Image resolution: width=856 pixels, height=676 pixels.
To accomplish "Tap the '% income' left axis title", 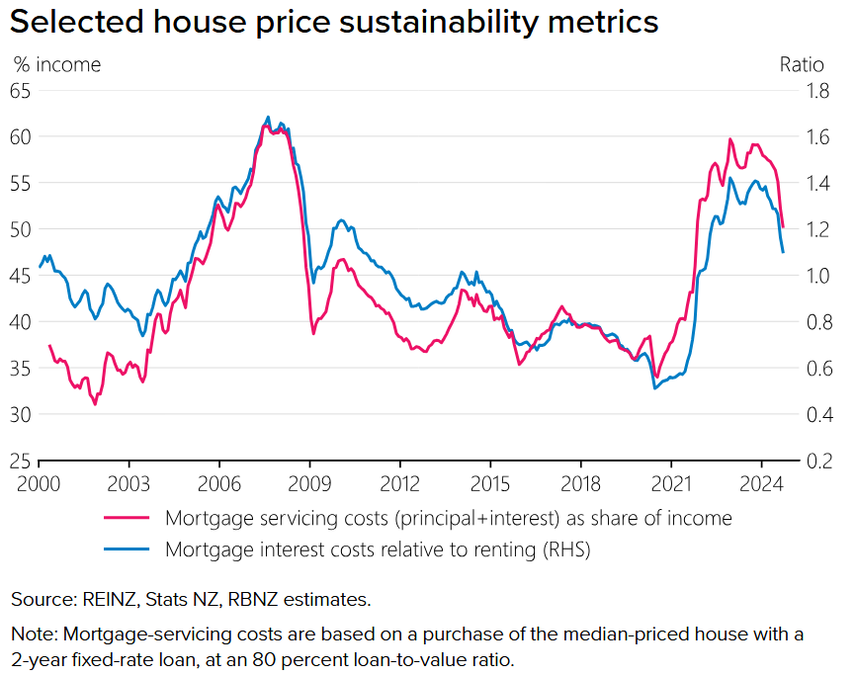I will coord(57,65).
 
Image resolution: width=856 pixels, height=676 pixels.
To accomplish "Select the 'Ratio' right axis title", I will coord(801,65).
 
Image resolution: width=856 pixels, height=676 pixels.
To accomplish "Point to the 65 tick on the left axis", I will coord(20,90).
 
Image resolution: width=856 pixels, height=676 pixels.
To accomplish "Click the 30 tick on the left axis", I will coord(20,414).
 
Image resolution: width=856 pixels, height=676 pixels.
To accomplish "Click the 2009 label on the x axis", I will coord(309,484).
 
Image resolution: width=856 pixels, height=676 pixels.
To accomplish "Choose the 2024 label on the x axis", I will coord(761,484).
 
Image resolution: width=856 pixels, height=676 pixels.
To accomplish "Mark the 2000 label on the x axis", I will coord(39,484).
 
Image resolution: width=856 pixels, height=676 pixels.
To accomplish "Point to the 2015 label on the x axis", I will coord(490,484).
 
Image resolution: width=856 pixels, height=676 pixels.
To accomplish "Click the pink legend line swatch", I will coord(127,518).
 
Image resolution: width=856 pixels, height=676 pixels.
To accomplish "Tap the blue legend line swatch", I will coord(127,550).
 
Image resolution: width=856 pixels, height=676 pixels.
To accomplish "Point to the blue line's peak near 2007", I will coord(268,117).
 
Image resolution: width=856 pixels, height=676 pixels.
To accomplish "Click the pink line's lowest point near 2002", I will coord(95,403).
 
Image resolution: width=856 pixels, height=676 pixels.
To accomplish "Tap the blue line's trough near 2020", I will coord(654,387).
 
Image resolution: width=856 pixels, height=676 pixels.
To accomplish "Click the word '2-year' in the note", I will coord(38,659).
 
